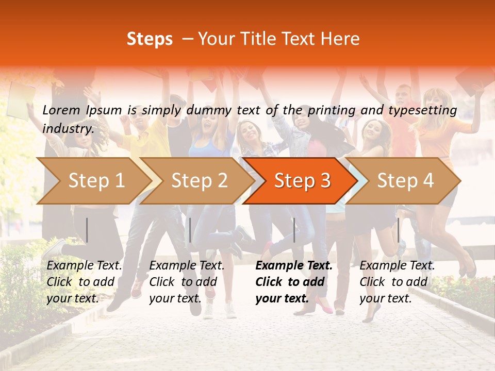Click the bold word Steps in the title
coord(150,39)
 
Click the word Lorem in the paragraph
coord(61,110)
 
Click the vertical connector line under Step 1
coord(87,230)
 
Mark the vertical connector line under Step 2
coord(190,230)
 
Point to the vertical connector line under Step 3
coord(294,230)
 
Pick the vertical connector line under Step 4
coord(398,230)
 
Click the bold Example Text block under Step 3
coord(294,282)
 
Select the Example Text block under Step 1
coord(85,282)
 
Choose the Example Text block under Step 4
coord(397,282)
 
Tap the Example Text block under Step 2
coord(187,282)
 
